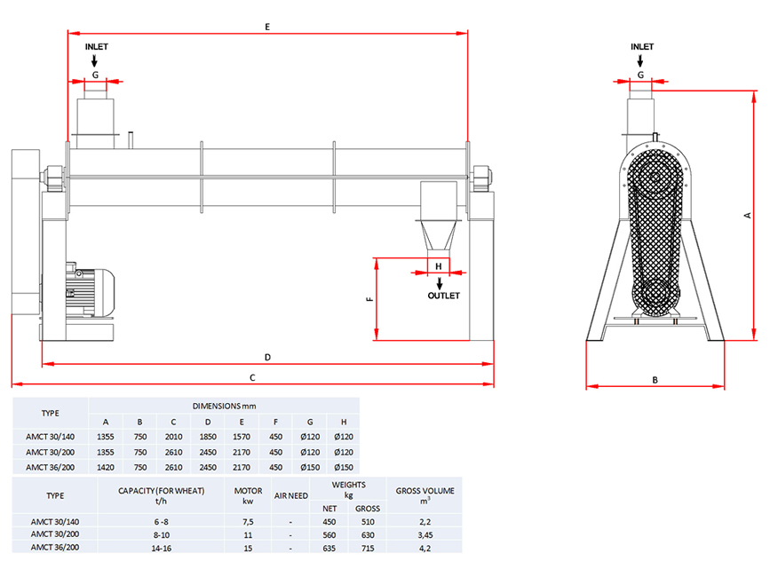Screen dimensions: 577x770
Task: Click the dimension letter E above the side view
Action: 266,28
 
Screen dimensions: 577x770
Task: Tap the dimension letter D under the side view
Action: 266,357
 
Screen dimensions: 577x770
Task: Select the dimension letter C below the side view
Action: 252,378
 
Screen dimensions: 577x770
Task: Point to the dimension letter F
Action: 368,300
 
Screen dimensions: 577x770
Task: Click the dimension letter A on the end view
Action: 748,215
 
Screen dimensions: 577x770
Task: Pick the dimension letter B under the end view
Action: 655,380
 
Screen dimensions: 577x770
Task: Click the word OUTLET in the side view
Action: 443,296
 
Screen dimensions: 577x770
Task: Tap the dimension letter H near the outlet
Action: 438,265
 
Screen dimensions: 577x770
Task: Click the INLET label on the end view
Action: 641,47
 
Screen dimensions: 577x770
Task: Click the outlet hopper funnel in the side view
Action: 439,234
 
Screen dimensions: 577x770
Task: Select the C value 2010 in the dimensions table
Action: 173,437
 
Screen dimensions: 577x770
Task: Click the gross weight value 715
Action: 367,548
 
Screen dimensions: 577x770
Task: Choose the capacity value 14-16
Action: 162,548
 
